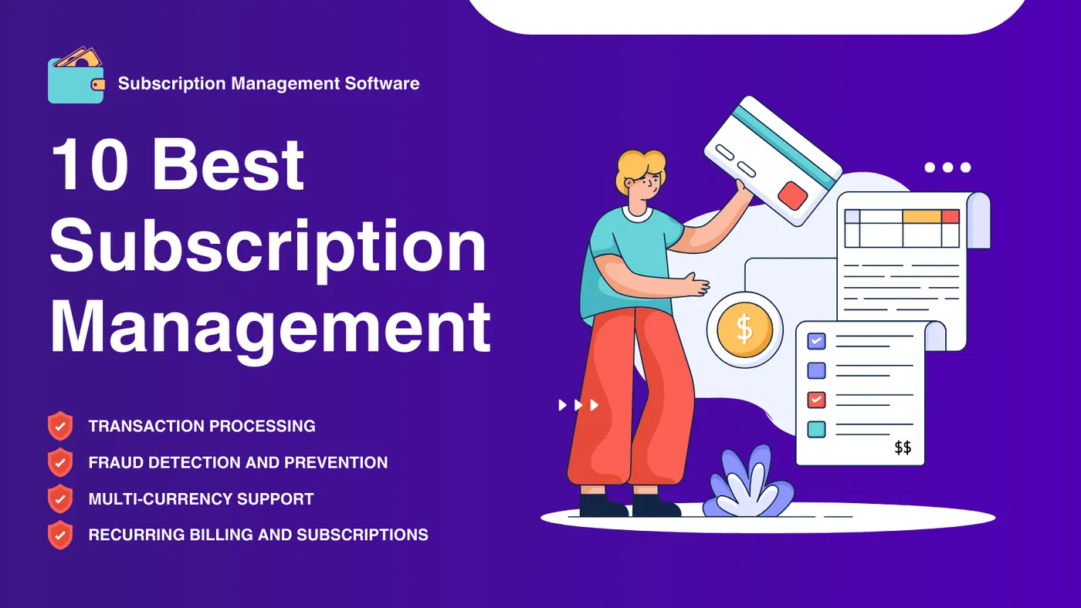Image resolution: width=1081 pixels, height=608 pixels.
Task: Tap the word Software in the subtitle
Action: [382, 83]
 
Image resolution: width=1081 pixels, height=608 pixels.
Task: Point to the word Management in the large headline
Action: [270, 328]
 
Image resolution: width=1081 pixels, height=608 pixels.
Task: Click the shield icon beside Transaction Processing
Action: [60, 426]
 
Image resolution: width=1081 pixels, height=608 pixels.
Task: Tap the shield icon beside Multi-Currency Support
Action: [60, 498]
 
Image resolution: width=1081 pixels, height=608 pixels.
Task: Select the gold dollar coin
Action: [744, 329]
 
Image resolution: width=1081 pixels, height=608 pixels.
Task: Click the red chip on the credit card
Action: [792, 196]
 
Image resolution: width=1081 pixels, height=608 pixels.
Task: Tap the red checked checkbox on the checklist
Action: [817, 400]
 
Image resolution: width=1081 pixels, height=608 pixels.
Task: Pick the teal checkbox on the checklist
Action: [817, 429]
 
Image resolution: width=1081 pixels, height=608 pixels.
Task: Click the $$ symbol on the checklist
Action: [903, 448]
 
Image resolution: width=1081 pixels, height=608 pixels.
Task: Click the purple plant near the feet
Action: [747, 482]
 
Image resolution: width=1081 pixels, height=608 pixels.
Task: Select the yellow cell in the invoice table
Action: [922, 217]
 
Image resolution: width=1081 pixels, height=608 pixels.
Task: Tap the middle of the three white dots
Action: [948, 167]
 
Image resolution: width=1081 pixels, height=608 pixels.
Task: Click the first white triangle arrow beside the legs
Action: [563, 405]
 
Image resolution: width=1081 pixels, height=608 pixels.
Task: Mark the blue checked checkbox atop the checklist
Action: [817, 341]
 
